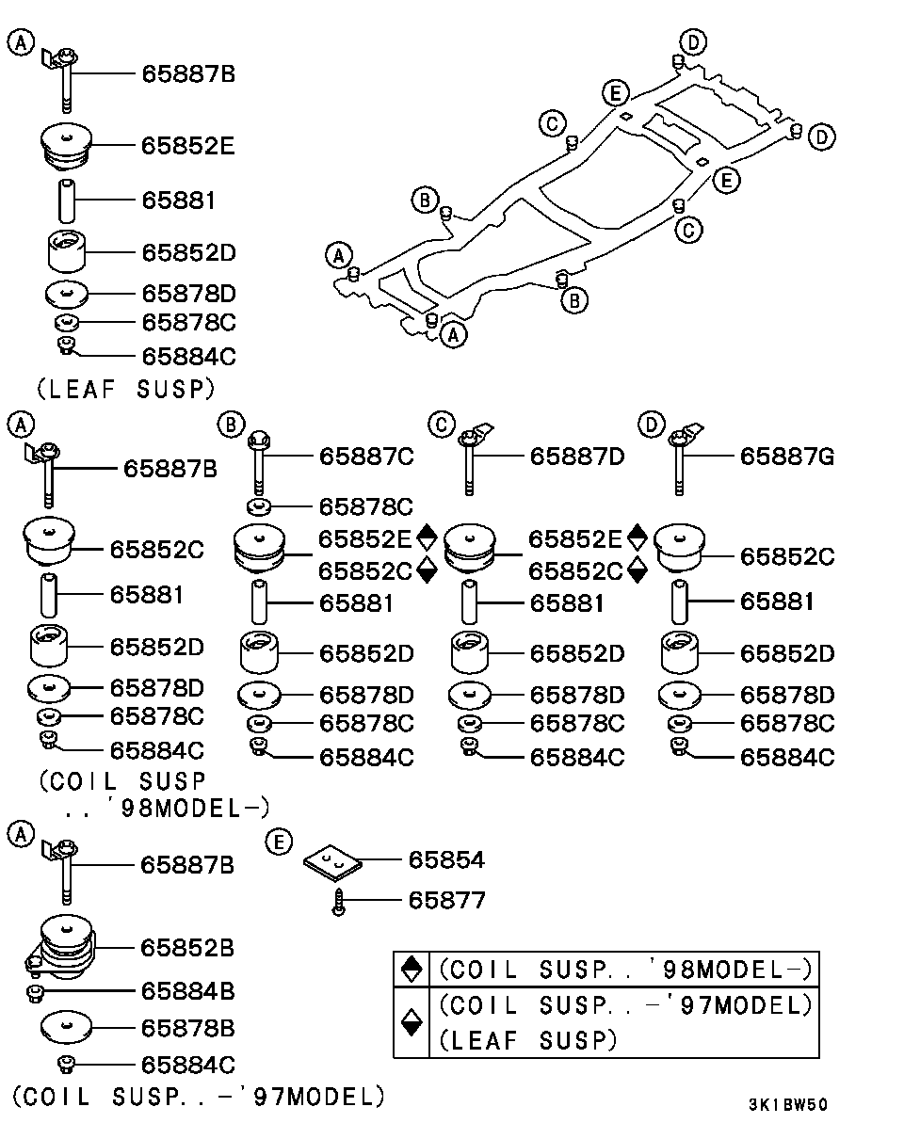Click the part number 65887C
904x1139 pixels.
coord(366,457)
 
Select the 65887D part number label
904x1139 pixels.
coord(576,457)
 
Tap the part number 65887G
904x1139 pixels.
coord(786,457)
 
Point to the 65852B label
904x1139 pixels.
coord(187,947)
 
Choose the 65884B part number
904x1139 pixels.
coord(187,990)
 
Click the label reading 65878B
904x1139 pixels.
coord(187,1027)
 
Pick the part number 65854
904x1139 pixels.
coord(446,859)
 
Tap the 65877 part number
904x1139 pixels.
coord(446,901)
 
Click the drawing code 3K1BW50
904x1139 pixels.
coord(788,1105)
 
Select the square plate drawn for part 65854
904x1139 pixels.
coord(332,862)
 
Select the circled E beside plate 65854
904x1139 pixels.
coord(276,842)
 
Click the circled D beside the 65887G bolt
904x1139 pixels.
coord(650,425)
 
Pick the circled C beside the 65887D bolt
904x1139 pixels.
coord(439,425)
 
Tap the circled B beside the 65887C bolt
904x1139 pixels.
coord(229,425)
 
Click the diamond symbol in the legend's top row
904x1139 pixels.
coord(411,968)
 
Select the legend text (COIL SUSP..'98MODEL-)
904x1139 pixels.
coord(624,969)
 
